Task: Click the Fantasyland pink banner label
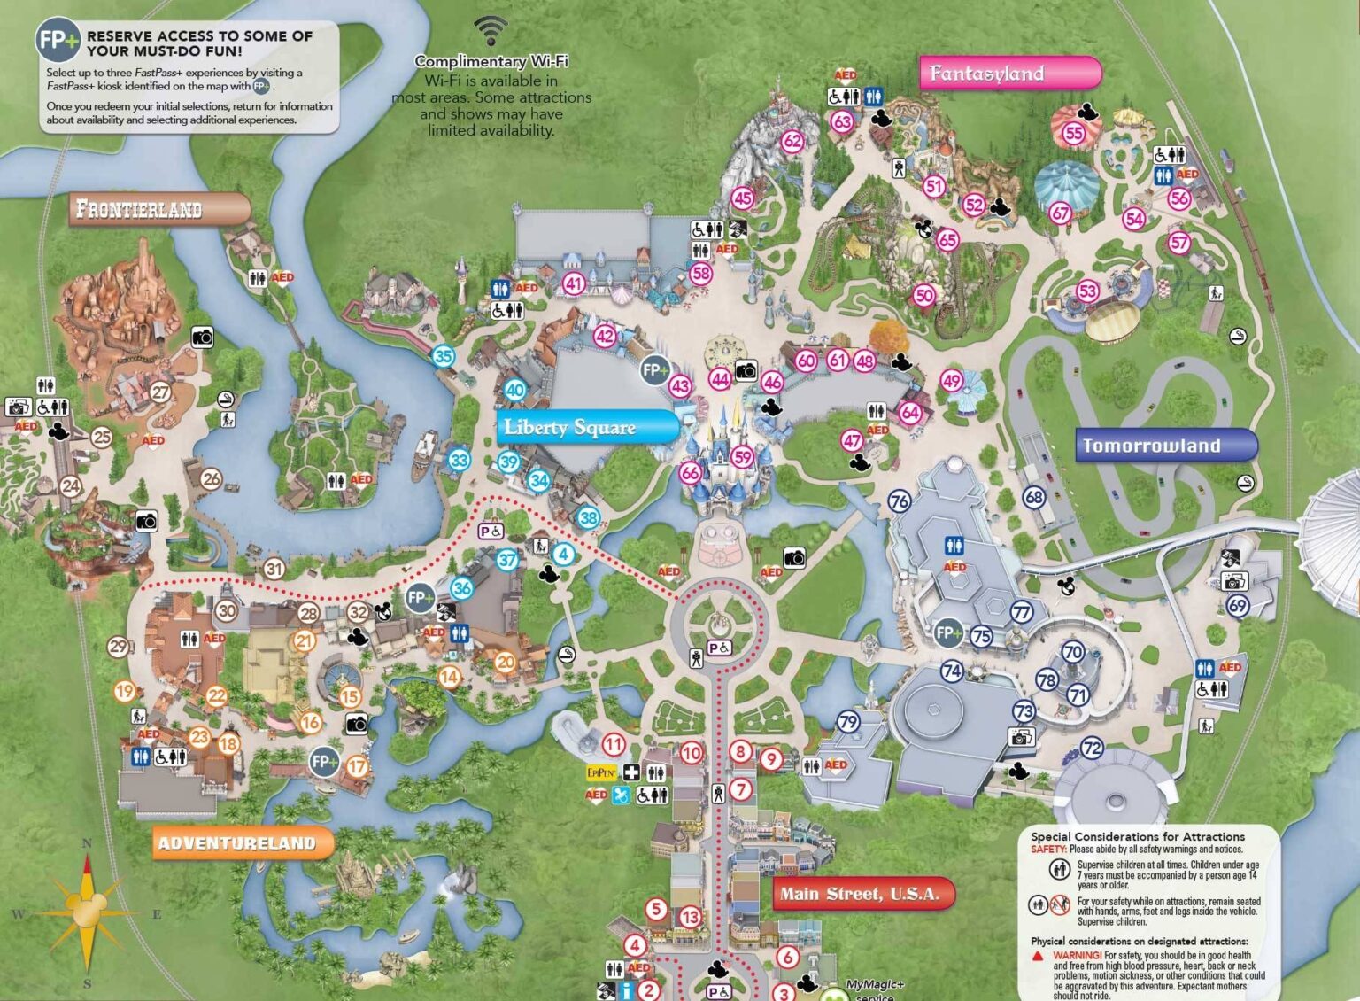[1009, 74]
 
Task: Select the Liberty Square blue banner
[586, 428]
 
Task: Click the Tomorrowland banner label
[1165, 446]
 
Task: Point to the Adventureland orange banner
[242, 843]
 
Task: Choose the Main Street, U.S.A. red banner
[863, 894]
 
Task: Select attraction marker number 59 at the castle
[742, 457]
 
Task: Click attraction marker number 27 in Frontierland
[160, 392]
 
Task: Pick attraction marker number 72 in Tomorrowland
[1092, 748]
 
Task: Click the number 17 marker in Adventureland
[357, 766]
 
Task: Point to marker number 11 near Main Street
[613, 744]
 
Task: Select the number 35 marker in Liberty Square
[443, 357]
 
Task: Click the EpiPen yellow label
[601, 772]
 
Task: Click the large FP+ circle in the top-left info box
[58, 41]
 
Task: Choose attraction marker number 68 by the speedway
[1034, 497]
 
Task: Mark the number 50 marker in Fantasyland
[924, 295]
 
